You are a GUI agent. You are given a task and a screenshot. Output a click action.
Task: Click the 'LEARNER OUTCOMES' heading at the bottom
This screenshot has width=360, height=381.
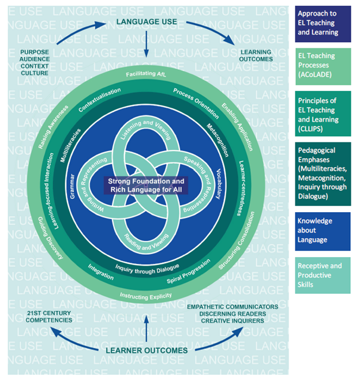tap(147, 350)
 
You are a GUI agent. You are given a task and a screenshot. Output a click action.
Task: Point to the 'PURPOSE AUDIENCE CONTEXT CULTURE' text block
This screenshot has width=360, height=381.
tap(35, 62)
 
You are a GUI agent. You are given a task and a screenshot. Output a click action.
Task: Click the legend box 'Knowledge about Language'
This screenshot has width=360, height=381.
tap(322, 231)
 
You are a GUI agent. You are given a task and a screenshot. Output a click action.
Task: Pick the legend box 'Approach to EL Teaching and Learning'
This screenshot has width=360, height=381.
tap(322, 24)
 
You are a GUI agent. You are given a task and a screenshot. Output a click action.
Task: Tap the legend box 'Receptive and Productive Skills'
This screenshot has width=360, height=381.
tap(322, 275)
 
